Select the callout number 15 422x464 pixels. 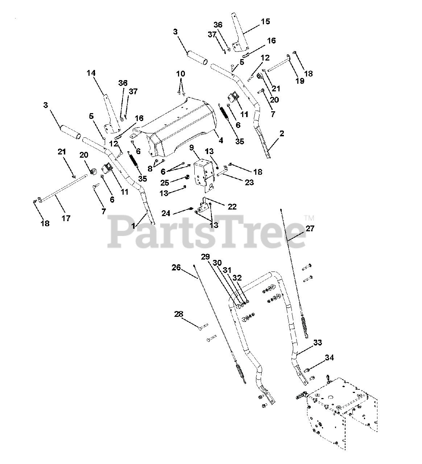pyautogui.click(x=265, y=21)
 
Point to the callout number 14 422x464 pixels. pyautogui.click(x=91, y=73)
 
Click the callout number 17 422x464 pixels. pyautogui.click(x=66, y=218)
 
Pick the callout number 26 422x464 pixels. pyautogui.click(x=176, y=268)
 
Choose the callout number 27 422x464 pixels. pyautogui.click(x=310, y=229)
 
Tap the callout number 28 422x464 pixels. pyautogui.click(x=178, y=314)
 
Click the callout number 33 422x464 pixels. pyautogui.click(x=318, y=343)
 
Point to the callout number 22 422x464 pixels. pyautogui.click(x=232, y=207)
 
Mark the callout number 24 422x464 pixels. pyautogui.click(x=166, y=214)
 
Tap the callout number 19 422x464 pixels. pyautogui.click(x=300, y=81)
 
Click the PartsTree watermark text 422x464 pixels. pyautogui.click(x=207, y=232)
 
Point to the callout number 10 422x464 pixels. pyautogui.click(x=181, y=74)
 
